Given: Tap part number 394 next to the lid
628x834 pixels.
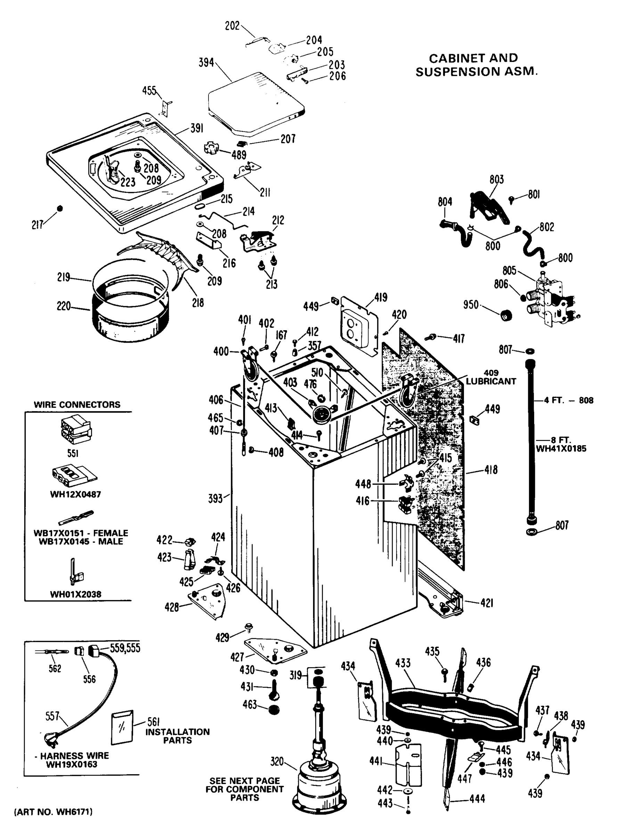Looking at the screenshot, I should pos(206,63).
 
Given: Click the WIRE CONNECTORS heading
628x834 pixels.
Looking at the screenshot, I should pos(77,404).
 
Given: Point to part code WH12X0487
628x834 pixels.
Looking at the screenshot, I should pos(75,494).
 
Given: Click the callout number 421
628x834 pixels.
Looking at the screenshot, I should pos(487,603).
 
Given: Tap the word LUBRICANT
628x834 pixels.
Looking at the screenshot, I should pos(491,381).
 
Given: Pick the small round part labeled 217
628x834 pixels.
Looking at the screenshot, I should pos(59,208).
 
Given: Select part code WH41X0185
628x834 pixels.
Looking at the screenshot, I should pos(561,449).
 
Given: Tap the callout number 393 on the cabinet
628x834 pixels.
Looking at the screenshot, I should pos(215,498).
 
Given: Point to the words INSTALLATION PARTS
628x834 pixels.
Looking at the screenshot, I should pos(177,736).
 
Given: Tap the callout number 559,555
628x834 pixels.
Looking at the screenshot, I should pos(125,648).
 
